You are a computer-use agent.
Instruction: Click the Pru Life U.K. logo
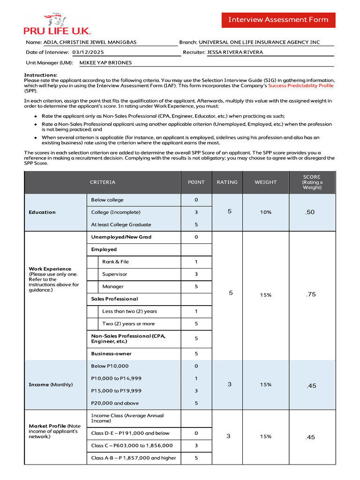tap(57, 24)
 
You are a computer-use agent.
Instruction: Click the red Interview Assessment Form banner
tap(278, 20)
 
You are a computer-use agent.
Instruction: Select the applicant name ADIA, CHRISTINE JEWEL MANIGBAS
tap(90, 42)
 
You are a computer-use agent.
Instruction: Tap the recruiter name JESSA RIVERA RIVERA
tap(235, 52)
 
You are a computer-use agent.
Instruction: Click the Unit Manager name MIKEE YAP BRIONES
tap(105, 63)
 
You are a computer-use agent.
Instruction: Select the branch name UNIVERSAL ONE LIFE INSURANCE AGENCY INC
tap(259, 42)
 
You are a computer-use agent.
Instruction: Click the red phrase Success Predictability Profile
tap(300, 86)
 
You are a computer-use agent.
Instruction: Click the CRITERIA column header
tap(103, 182)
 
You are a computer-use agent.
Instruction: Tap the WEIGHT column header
tap(265, 182)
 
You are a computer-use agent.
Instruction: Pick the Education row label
tap(42, 212)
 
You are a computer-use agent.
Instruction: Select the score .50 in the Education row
tap(310, 212)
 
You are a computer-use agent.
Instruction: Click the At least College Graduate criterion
tap(121, 225)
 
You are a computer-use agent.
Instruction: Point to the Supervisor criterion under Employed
tap(114, 274)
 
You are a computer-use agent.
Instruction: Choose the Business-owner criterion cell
tap(111, 354)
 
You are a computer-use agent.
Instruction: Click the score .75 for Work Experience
tap(311, 294)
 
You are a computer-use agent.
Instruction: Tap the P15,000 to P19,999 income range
tap(116, 391)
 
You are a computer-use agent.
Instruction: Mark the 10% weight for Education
tap(265, 212)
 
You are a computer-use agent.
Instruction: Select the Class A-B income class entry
tap(134, 458)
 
